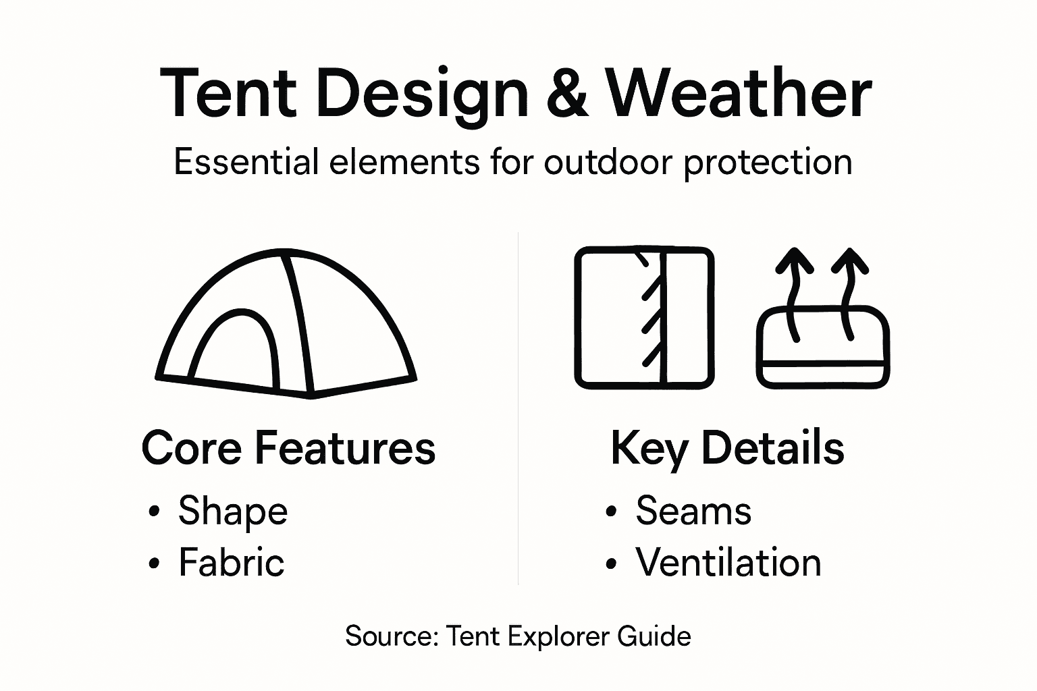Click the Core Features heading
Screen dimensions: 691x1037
(x=288, y=447)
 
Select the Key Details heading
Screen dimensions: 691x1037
(x=727, y=448)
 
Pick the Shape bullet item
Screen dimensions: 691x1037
(x=232, y=512)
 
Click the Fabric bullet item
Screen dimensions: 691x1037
(x=231, y=562)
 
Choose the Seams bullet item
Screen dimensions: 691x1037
(x=693, y=511)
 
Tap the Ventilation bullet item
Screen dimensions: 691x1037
(x=728, y=562)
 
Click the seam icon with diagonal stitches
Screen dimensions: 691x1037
(x=643, y=318)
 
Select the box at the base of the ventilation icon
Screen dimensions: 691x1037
(x=822, y=348)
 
